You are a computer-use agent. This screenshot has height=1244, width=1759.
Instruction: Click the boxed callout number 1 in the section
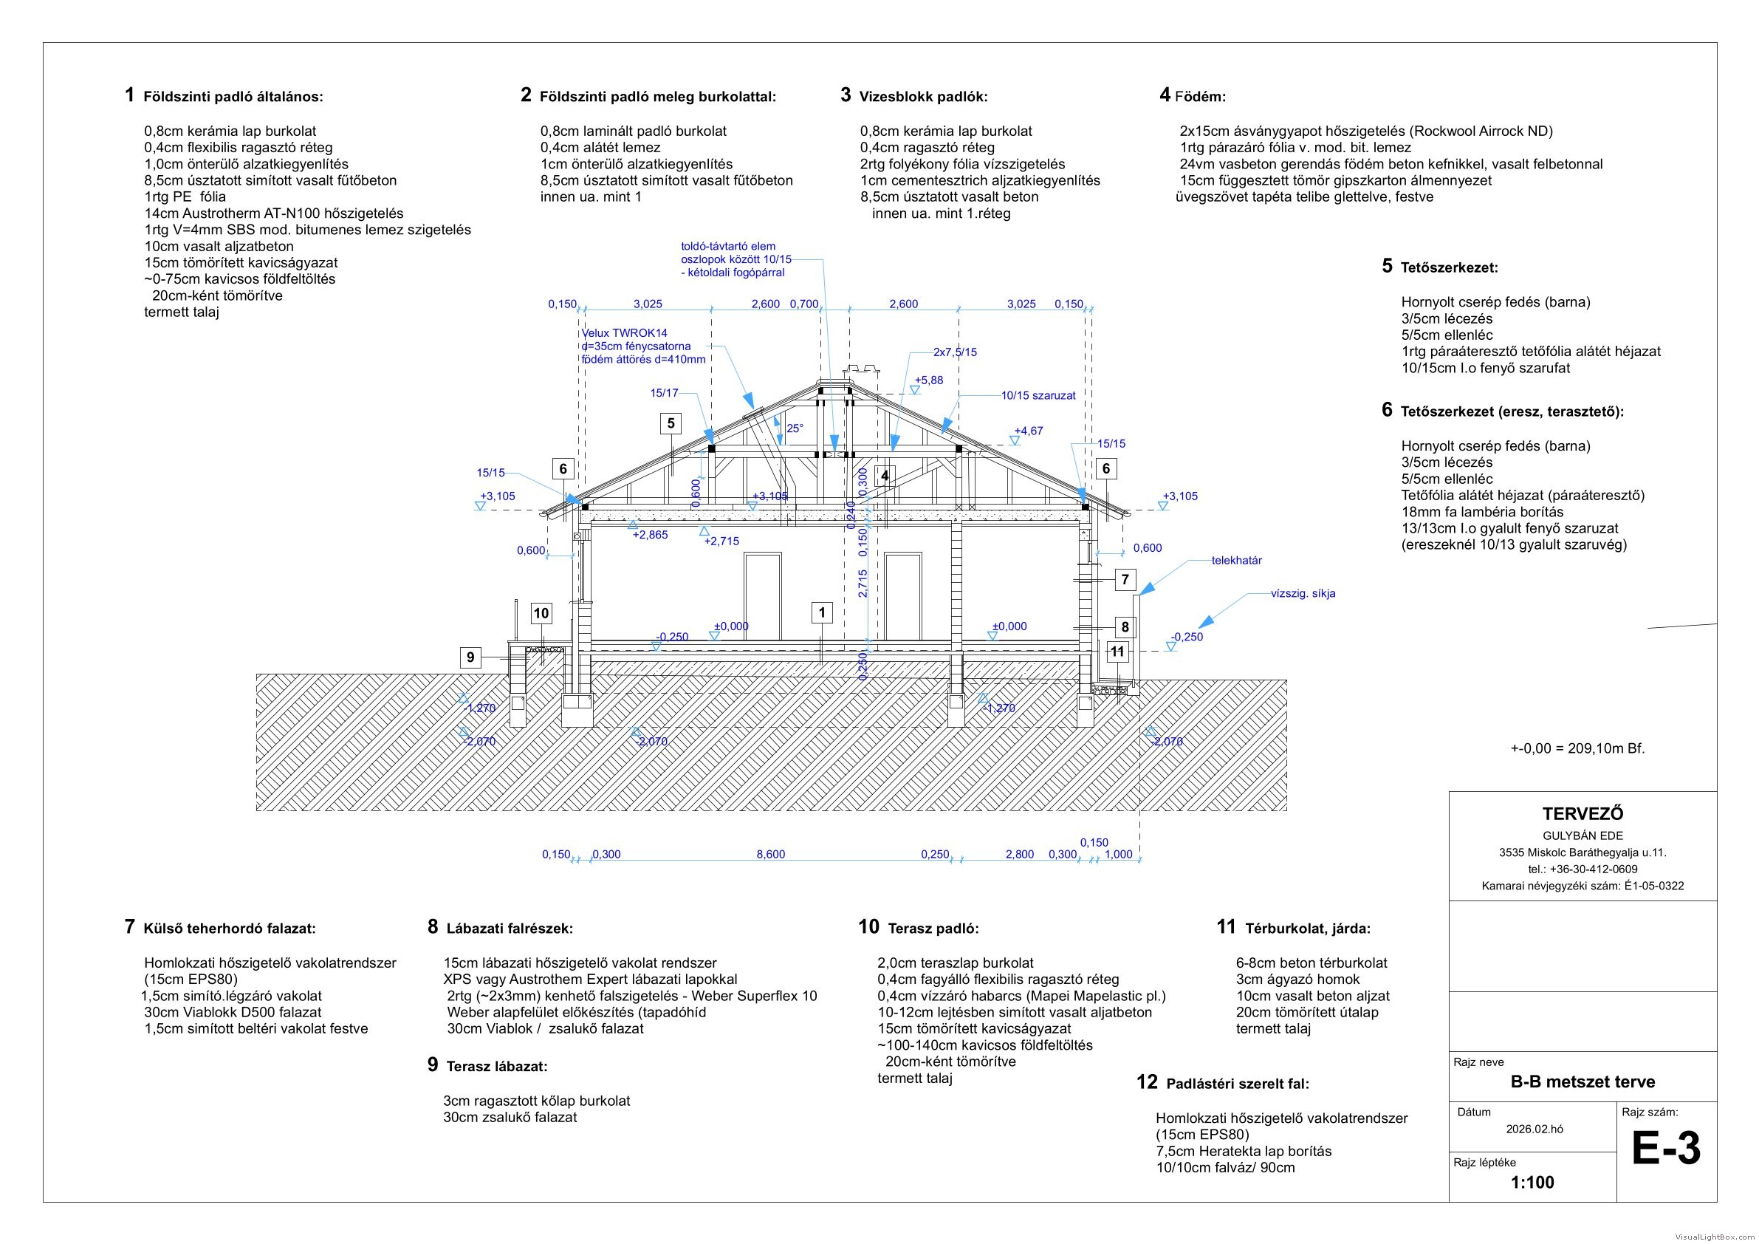click(x=822, y=612)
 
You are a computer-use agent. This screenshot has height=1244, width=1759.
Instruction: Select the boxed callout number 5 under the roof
click(x=671, y=423)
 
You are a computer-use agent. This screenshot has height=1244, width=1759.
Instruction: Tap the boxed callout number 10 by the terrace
click(x=541, y=613)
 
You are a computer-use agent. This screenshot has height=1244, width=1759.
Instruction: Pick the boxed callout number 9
click(x=470, y=657)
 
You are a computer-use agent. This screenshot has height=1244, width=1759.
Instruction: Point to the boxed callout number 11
click(x=1118, y=652)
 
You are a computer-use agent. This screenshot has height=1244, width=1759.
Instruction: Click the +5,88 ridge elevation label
click(x=928, y=380)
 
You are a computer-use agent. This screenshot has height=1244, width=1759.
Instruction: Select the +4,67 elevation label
click(x=1028, y=431)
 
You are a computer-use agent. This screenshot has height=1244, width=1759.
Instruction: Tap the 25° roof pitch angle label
click(x=795, y=428)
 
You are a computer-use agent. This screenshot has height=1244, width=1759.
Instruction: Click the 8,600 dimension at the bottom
click(x=771, y=855)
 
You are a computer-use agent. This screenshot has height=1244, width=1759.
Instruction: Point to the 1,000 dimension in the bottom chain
click(x=1119, y=855)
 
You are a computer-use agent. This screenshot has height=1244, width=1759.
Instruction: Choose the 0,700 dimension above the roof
click(x=804, y=304)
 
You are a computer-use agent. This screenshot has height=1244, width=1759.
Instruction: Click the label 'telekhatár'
click(x=1236, y=560)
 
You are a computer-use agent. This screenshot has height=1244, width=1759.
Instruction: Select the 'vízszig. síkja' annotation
click(x=1303, y=593)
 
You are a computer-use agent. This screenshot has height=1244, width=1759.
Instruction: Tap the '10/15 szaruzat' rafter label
click(x=1038, y=395)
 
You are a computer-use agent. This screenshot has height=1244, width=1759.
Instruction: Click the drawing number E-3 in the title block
click(x=1665, y=1149)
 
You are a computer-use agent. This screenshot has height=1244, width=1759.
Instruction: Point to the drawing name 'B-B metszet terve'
click(x=1583, y=1082)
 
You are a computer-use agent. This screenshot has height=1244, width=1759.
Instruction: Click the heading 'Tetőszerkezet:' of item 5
click(x=1450, y=268)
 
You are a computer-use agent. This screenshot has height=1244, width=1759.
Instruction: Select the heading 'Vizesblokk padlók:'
click(x=923, y=97)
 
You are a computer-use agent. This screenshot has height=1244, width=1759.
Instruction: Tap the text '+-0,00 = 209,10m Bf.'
click(x=1577, y=748)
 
